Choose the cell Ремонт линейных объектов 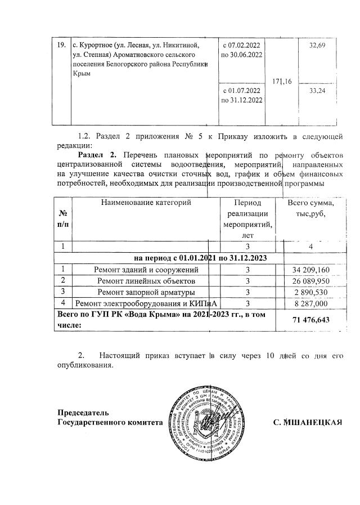point(146,280)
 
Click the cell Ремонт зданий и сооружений point(146,270)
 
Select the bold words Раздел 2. point(97,154)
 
